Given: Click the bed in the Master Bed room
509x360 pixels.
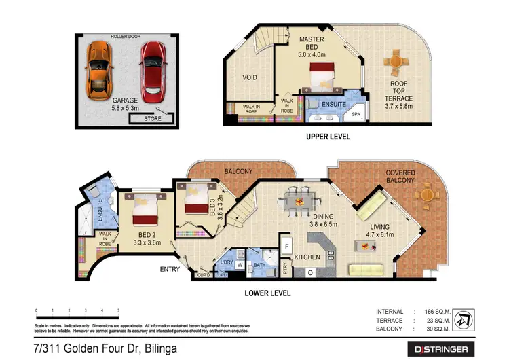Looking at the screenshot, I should coord(324,77).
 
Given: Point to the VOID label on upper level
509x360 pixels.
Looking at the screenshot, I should coord(250,77).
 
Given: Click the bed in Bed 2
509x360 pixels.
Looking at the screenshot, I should coord(145,209).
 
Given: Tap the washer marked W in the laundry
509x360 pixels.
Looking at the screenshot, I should coord(240,264).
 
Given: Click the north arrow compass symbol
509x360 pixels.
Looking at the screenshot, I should coord(466,319).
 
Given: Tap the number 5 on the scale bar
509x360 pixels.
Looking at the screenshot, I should coord(118,310).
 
